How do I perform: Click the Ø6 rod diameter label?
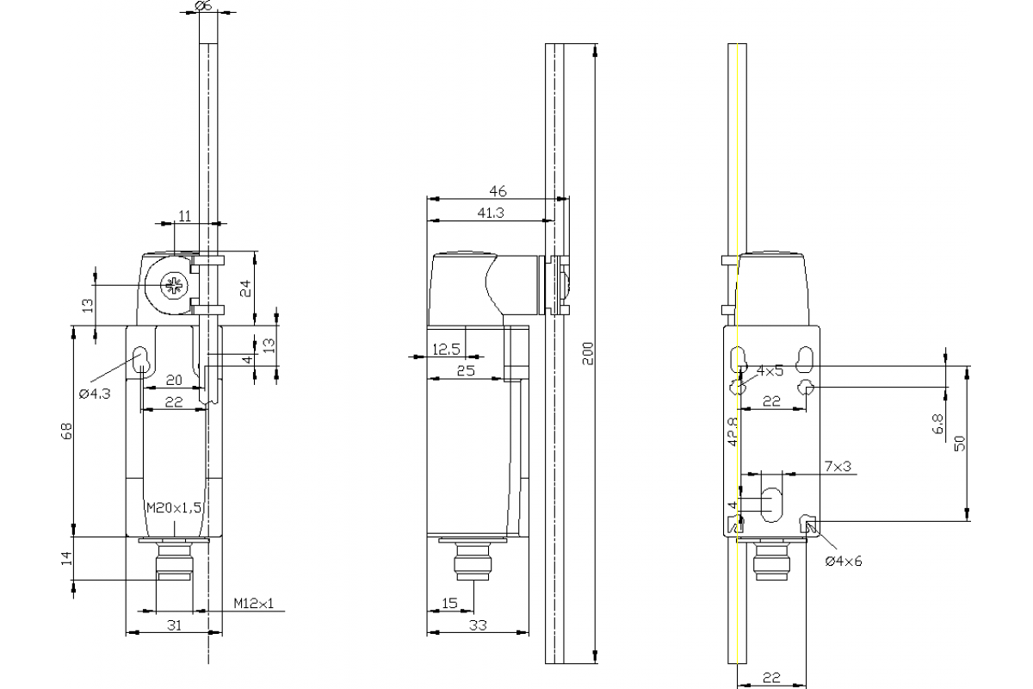coord(204,6)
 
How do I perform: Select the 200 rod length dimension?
coord(587,351)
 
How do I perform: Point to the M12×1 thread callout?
coord(253,604)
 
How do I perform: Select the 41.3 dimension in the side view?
coord(488,212)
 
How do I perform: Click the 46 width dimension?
coord(498,191)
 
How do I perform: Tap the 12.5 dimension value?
coord(446,350)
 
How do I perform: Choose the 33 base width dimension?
coord(478,625)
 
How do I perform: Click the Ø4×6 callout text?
coord(843,561)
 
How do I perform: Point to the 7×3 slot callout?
coord(838,466)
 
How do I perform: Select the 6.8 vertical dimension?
coord(938,424)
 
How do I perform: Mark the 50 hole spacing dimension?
coord(960,443)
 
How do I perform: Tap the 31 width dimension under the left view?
coord(173,625)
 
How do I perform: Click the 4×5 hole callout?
coord(770,371)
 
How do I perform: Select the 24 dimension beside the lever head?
coord(244,288)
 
